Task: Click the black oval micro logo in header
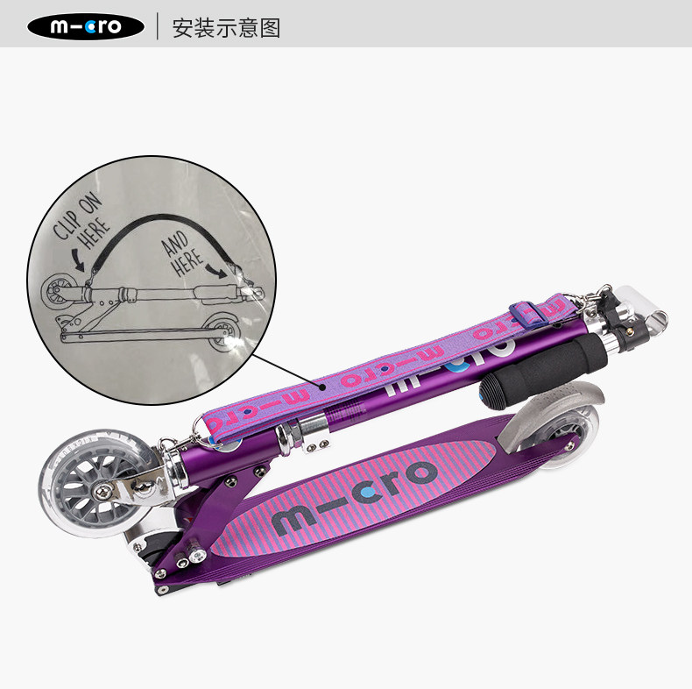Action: [x=86, y=26]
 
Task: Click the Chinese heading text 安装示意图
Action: [x=226, y=28]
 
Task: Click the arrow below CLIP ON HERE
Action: [x=78, y=260]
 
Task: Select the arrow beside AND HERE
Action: [x=216, y=270]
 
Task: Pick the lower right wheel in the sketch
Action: [x=223, y=331]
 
